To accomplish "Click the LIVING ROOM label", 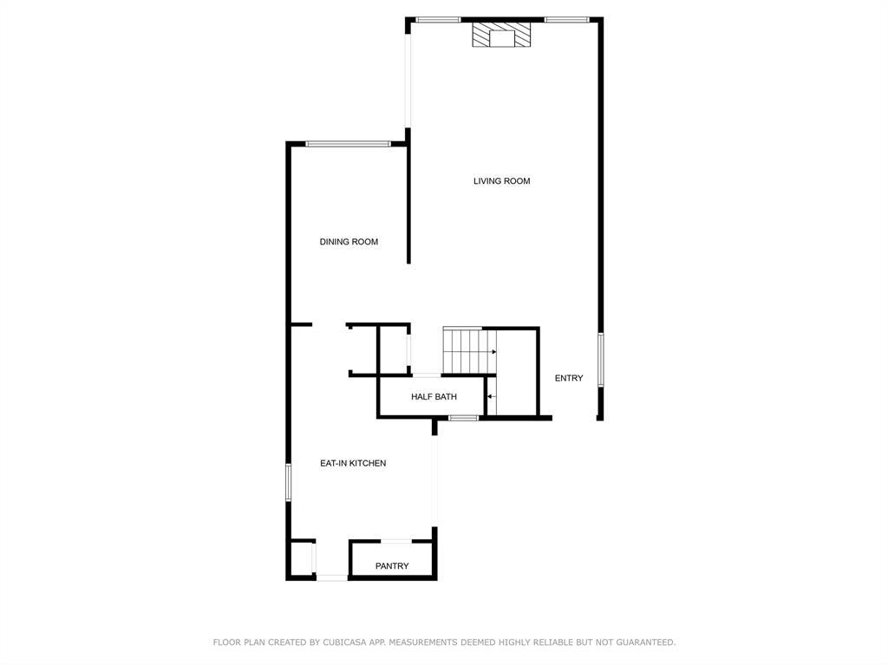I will [501, 181].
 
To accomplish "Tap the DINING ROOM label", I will [349, 242].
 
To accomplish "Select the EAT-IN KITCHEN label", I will [353, 464].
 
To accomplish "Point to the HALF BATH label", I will [434, 397].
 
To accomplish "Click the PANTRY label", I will [392, 566].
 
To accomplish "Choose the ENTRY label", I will [569, 378].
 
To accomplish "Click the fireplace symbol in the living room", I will [501, 36].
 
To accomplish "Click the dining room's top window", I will [347, 144].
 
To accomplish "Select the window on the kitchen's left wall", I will [289, 482].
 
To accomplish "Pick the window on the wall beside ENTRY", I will [600, 360].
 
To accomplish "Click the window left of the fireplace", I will [438, 19].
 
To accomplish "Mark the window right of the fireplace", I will [567, 19].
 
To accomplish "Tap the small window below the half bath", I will [464, 418].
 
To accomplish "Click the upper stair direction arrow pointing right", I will [492, 352].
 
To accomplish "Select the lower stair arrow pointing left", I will [491, 396].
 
